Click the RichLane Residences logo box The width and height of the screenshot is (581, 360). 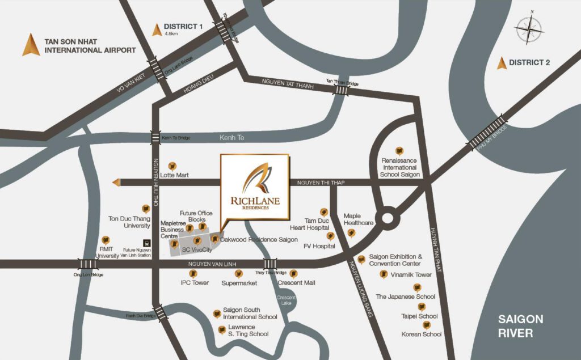[255, 186]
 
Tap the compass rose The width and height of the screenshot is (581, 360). [530, 28]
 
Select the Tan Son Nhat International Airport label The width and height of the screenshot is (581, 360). [90, 45]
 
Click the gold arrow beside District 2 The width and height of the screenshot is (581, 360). [501, 63]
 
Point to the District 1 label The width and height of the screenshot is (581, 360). [183, 27]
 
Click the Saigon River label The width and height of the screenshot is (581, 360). [520, 325]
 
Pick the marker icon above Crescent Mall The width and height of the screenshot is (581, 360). [293, 273]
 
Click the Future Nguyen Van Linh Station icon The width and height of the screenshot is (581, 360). [146, 243]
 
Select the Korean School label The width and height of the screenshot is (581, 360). [420, 334]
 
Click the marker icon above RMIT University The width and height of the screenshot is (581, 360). [104, 240]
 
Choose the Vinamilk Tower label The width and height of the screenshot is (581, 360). [411, 274]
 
